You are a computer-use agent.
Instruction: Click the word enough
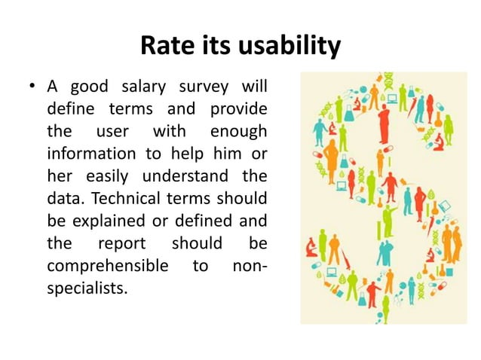click(238, 131)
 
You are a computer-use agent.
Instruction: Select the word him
click(225, 154)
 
